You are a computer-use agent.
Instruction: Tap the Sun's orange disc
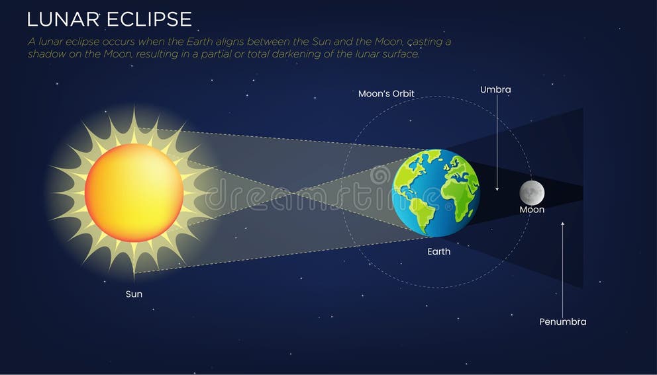(134, 192)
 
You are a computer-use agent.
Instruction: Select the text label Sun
(134, 294)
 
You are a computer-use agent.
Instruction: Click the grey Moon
(531, 192)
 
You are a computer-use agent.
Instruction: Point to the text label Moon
(532, 210)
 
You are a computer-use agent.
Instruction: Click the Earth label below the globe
(438, 251)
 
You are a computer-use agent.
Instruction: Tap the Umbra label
(495, 89)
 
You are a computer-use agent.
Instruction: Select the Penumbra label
(562, 322)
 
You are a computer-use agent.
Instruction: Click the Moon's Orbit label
(386, 94)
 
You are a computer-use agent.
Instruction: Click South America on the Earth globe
(419, 210)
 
